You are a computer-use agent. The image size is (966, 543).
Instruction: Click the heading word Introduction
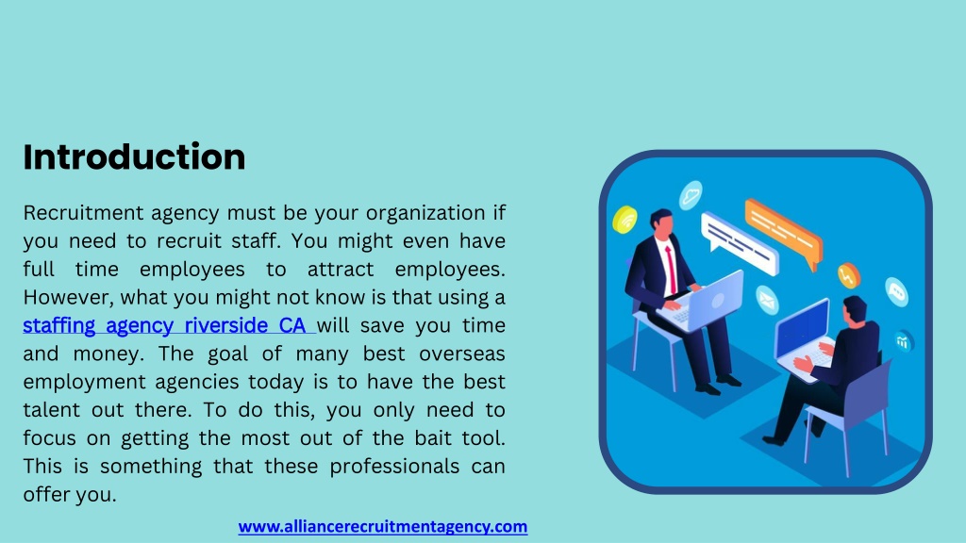click(x=134, y=156)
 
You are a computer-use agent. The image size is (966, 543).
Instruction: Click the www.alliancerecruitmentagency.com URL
click(x=382, y=527)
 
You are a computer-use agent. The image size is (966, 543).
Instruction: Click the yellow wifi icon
click(x=625, y=220)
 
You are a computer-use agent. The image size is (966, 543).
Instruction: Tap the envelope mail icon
click(x=766, y=300)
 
